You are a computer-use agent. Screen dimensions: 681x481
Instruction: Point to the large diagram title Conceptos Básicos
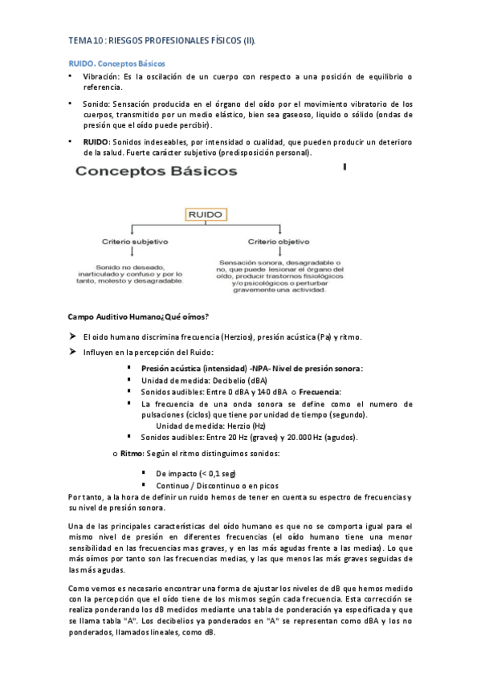[x=156, y=172]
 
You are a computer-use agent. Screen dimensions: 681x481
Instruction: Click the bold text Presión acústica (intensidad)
[x=194, y=369]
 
